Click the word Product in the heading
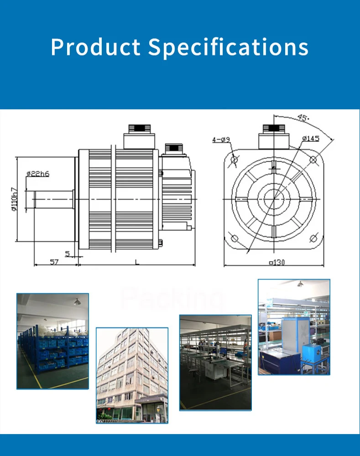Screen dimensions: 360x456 (95, 47)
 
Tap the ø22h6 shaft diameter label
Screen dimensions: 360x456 (38, 173)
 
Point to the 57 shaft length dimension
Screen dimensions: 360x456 (54, 262)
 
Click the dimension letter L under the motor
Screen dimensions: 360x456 (136, 262)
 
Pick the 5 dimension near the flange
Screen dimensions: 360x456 (68, 254)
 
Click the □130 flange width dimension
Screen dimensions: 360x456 (277, 262)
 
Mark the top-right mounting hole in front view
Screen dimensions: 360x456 (313, 160)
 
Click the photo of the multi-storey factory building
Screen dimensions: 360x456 (132, 375)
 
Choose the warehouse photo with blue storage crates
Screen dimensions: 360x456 (53, 341)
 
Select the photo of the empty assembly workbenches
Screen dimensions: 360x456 (215, 362)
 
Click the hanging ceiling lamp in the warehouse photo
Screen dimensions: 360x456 (76, 302)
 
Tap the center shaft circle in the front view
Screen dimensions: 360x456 (274, 199)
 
